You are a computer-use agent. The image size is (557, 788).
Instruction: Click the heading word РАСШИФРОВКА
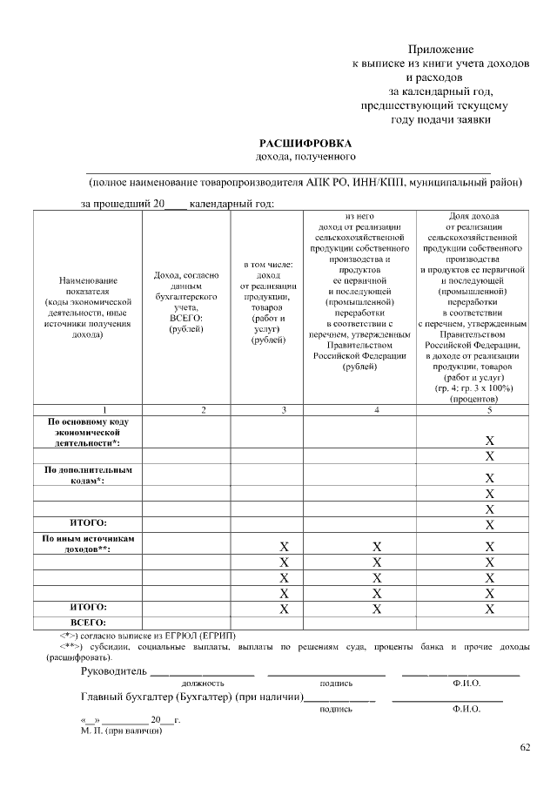(305, 143)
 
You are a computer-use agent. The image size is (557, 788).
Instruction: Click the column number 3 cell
(267, 409)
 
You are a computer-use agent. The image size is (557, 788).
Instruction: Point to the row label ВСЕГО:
(88, 622)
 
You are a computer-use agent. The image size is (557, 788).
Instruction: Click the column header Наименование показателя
(88, 308)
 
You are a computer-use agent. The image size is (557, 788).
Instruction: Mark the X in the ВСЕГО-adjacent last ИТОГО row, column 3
(284, 609)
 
